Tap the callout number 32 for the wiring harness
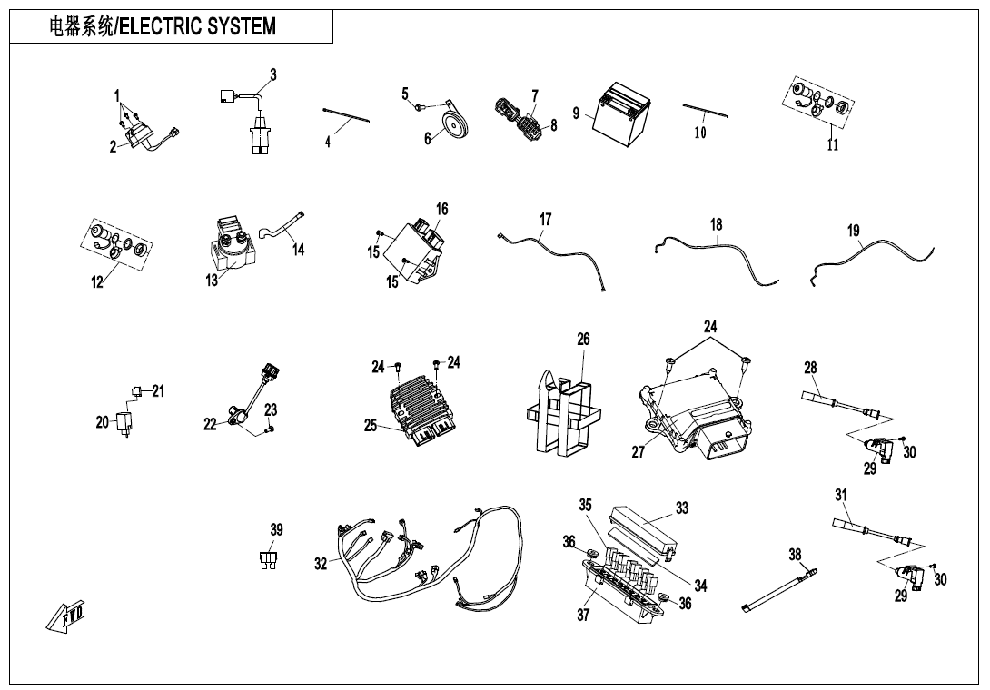pyautogui.click(x=321, y=564)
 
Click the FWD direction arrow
pyautogui.click(x=65, y=616)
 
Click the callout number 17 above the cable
pyautogui.click(x=545, y=220)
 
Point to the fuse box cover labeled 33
pyautogui.click(x=643, y=526)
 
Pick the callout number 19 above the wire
pyautogui.click(x=854, y=231)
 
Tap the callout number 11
pyautogui.click(x=833, y=145)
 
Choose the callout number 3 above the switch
pyautogui.click(x=273, y=74)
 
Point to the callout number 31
pyautogui.click(x=841, y=495)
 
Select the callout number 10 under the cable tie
pyautogui.click(x=700, y=133)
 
